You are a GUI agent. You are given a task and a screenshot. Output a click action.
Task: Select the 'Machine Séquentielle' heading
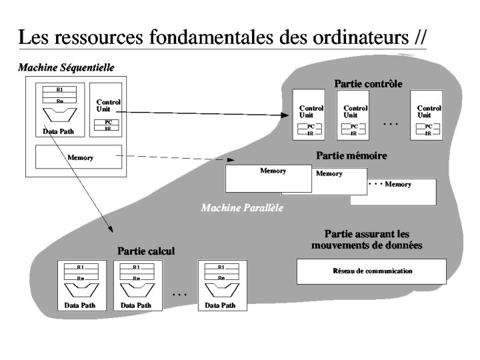[x=66, y=67]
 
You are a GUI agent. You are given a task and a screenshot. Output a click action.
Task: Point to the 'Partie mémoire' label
[x=351, y=155]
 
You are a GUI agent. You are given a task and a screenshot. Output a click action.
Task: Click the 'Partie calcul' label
[x=146, y=251]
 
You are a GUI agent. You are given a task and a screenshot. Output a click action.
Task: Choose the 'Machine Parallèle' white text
[x=242, y=208]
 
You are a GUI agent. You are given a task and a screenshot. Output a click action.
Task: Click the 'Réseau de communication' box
[x=371, y=271]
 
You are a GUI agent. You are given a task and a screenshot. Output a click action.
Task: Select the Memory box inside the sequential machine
[x=79, y=158]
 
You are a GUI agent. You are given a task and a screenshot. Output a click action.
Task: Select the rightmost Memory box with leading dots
[x=393, y=191]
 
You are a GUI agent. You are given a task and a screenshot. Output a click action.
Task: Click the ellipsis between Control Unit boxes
[x=391, y=124]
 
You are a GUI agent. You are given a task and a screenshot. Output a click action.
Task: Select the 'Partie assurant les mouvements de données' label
[x=366, y=239]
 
